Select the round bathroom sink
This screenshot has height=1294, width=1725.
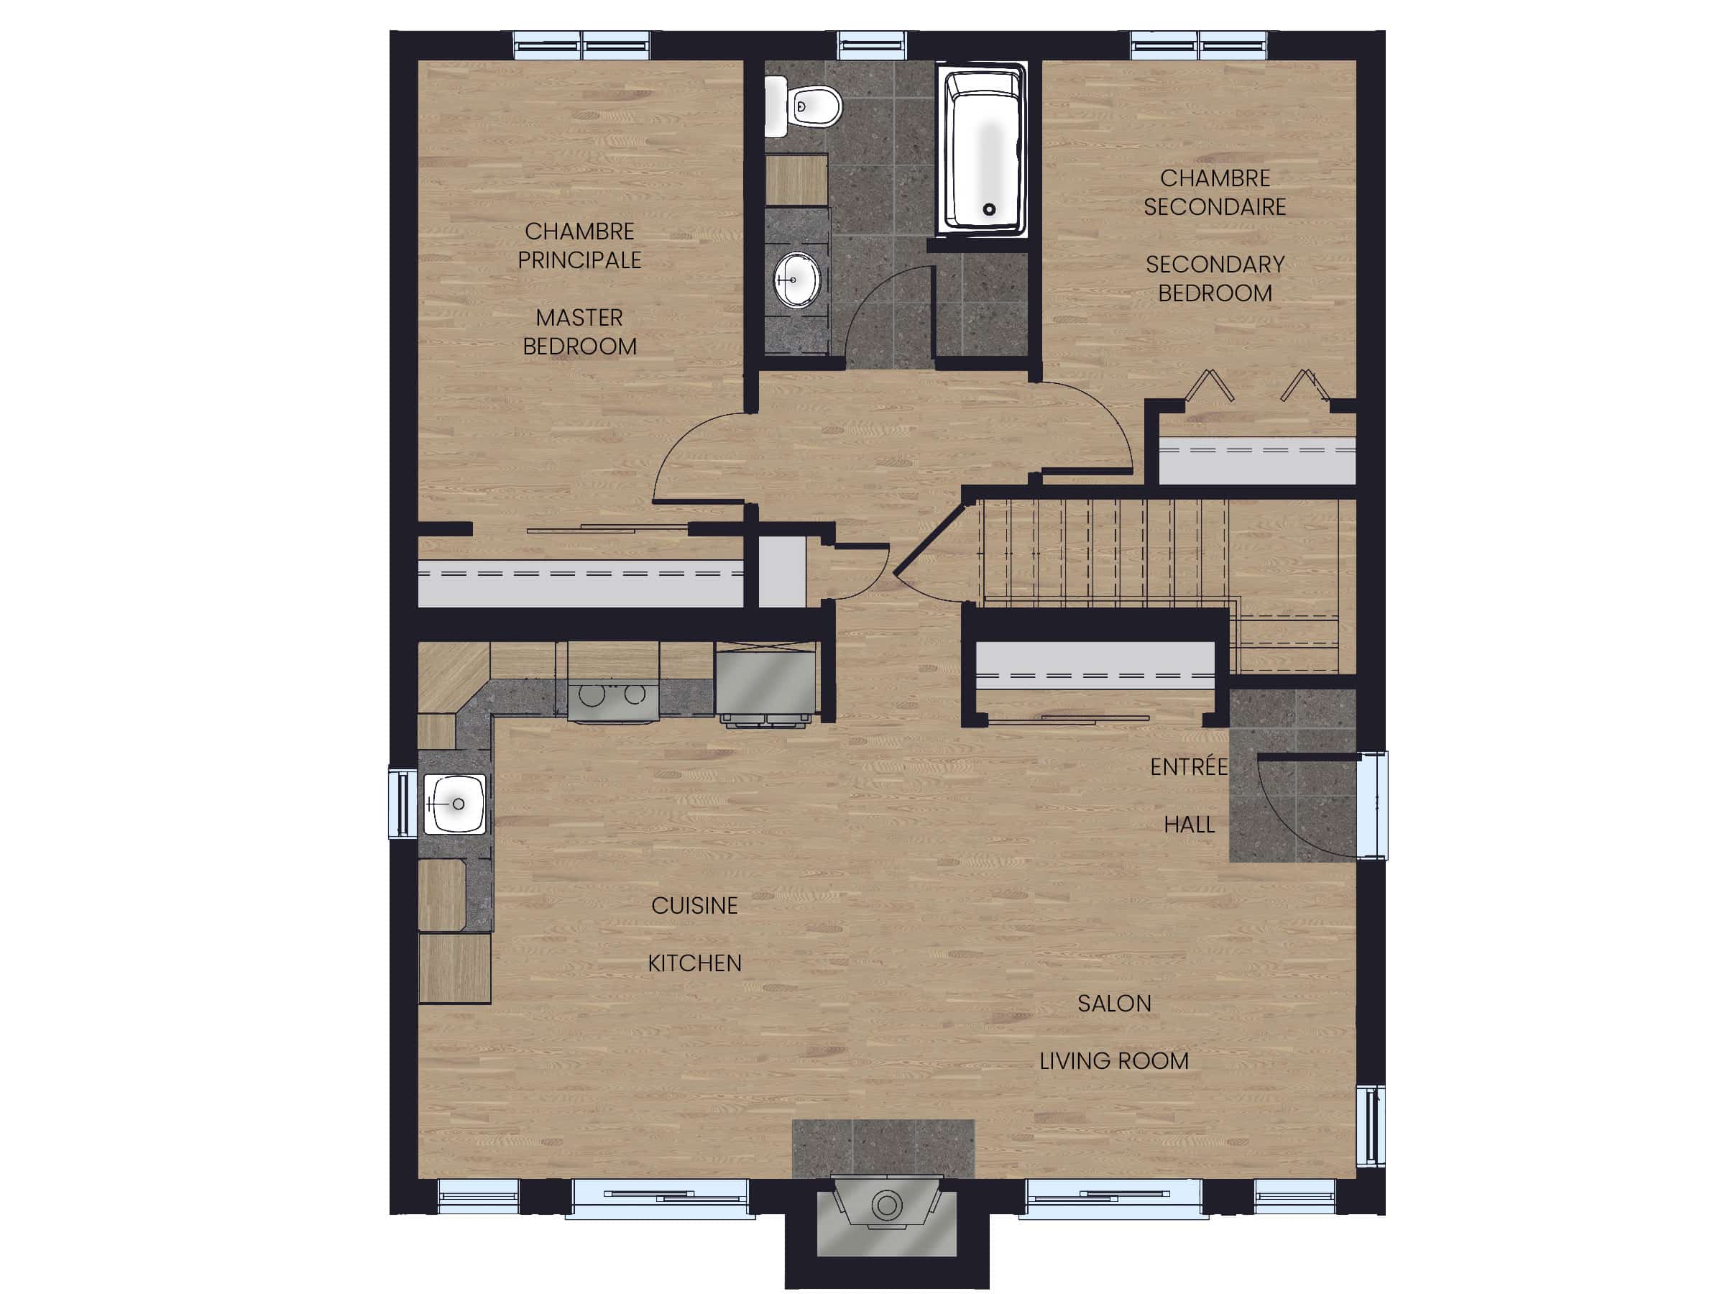797,278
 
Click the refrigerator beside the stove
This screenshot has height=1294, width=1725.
765,681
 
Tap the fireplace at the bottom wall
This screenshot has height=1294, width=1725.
887,1206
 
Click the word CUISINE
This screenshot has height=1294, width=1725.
694,906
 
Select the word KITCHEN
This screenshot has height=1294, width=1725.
694,963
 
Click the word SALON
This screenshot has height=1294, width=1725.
1113,1003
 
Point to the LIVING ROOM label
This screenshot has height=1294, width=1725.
1113,1061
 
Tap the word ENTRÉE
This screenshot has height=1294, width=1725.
1189,768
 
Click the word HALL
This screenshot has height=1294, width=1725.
1189,825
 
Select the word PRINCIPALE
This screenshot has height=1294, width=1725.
579,260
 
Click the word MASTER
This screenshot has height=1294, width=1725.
579,318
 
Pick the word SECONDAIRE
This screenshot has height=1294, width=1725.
1214,207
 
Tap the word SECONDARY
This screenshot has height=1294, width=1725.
1214,265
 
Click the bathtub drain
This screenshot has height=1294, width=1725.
990,209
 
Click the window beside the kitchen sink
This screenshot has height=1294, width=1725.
402,804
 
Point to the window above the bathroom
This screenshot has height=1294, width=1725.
872,45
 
